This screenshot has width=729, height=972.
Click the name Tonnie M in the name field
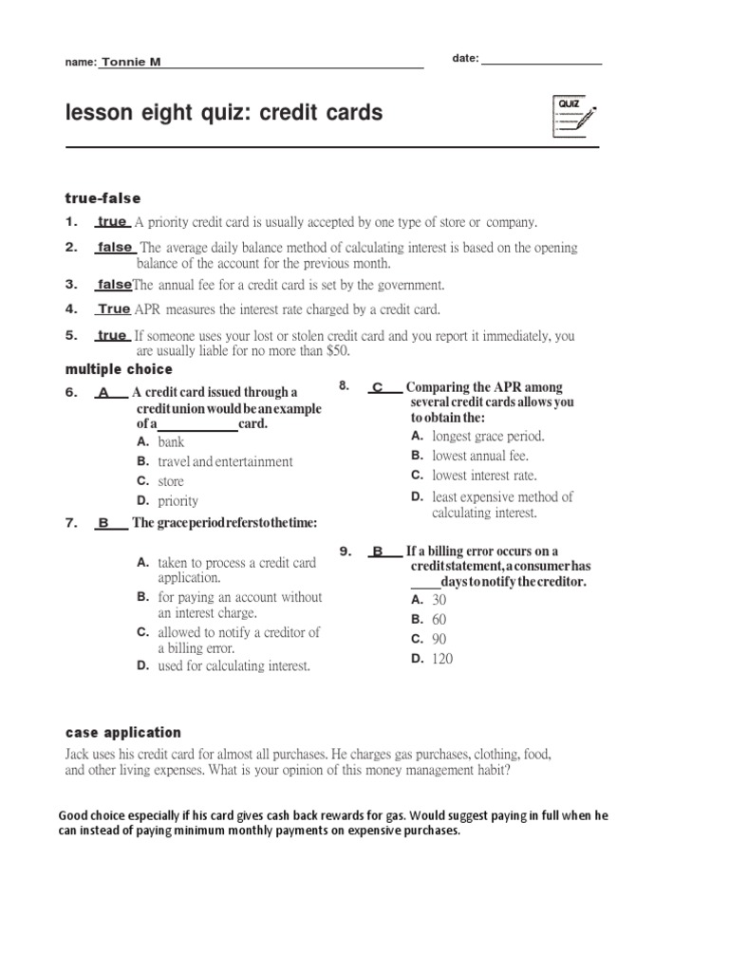(131, 62)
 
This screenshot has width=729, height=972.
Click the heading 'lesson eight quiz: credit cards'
(224, 114)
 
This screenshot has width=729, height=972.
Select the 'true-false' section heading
(103, 198)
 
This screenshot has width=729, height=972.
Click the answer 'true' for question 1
(112, 222)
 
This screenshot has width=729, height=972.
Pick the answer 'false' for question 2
(114, 248)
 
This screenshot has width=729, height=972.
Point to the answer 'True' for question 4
(114, 309)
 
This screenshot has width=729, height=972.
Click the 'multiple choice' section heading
(119, 368)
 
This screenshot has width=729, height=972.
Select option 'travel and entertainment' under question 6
(225, 462)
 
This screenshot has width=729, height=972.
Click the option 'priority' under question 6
(178, 501)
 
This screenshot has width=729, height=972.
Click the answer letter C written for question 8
(377, 387)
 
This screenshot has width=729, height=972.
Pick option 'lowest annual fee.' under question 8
(480, 457)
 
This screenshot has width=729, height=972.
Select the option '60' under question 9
(439, 620)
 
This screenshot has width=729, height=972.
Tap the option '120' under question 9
(442, 659)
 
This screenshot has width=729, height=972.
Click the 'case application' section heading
(122, 733)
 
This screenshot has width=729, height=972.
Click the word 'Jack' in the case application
(79, 754)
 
